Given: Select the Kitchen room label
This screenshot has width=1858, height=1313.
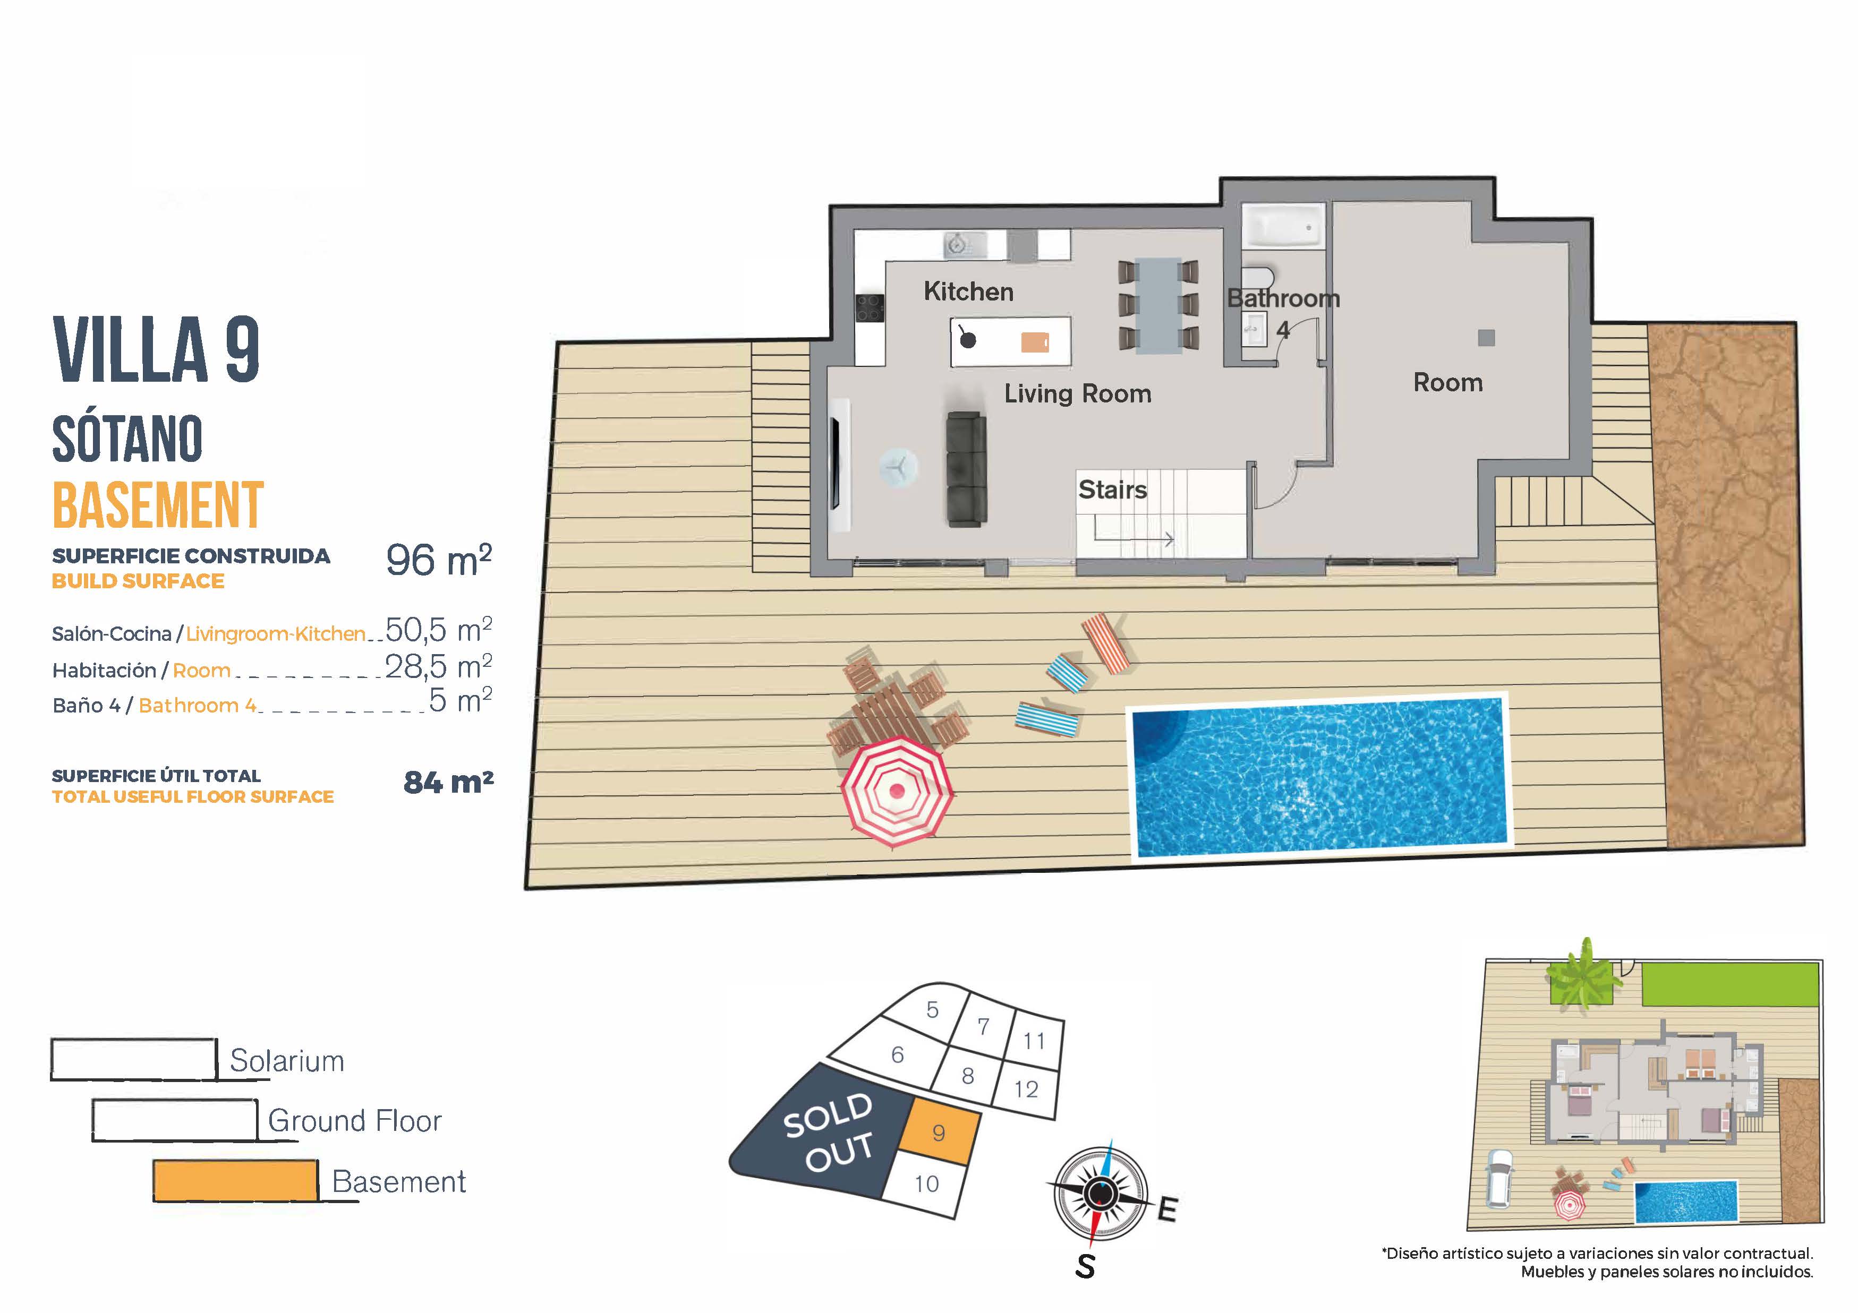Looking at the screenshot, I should click(968, 291).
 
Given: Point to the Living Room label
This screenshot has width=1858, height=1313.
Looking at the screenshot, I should click(1077, 394).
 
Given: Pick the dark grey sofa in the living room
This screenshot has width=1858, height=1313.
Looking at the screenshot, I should click(966, 469).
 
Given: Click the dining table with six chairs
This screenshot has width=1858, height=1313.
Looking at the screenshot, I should click(1157, 305).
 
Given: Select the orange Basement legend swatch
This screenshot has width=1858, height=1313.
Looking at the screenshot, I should click(235, 1180).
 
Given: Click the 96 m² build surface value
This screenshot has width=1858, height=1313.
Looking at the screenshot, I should click(439, 560).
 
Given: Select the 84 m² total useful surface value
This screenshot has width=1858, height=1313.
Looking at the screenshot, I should click(448, 782).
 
